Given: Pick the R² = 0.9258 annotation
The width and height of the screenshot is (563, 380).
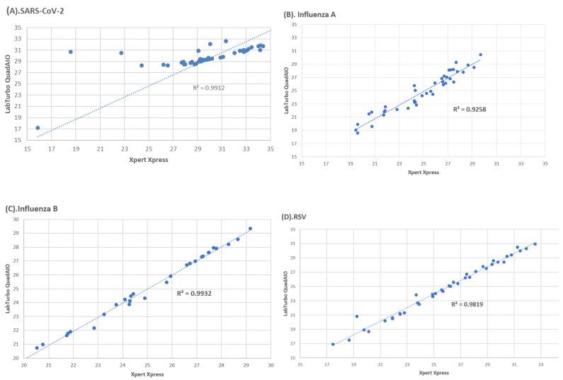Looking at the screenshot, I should [x=470, y=110].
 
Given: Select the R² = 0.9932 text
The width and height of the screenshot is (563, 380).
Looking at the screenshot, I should [x=193, y=292].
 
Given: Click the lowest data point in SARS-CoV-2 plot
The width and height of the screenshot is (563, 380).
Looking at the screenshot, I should [x=38, y=128].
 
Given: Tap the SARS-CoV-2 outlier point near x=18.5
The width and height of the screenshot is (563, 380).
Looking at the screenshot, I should [x=71, y=52].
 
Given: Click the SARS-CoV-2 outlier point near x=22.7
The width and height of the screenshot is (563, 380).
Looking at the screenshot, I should [x=121, y=53].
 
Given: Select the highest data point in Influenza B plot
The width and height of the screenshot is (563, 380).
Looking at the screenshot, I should [x=250, y=229].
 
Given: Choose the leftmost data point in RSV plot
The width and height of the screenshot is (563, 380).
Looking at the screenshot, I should [x=333, y=345].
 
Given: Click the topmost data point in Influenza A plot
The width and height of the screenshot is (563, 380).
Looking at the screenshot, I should [x=480, y=54].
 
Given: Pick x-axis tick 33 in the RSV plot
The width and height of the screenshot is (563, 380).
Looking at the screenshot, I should [x=541, y=364].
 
